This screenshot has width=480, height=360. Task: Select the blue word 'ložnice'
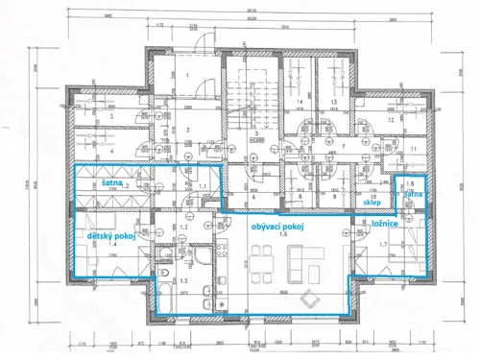pos(384,222)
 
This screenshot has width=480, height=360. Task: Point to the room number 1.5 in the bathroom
pos(183,281)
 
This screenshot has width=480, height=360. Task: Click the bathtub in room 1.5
pos(165,296)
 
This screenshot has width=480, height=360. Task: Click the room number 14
pos(300,101)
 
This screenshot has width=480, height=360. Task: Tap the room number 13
pos(334,101)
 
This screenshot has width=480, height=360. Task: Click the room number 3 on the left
pos(112,117)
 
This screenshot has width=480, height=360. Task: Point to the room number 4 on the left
pos(112,151)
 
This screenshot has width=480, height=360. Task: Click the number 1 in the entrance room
pos(188,75)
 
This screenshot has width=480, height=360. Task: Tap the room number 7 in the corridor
pos(342,148)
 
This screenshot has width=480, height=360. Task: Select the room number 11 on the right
pos(412,150)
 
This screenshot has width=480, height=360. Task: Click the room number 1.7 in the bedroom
pos(383,245)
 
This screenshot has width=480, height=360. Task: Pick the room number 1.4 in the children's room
pos(112,245)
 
